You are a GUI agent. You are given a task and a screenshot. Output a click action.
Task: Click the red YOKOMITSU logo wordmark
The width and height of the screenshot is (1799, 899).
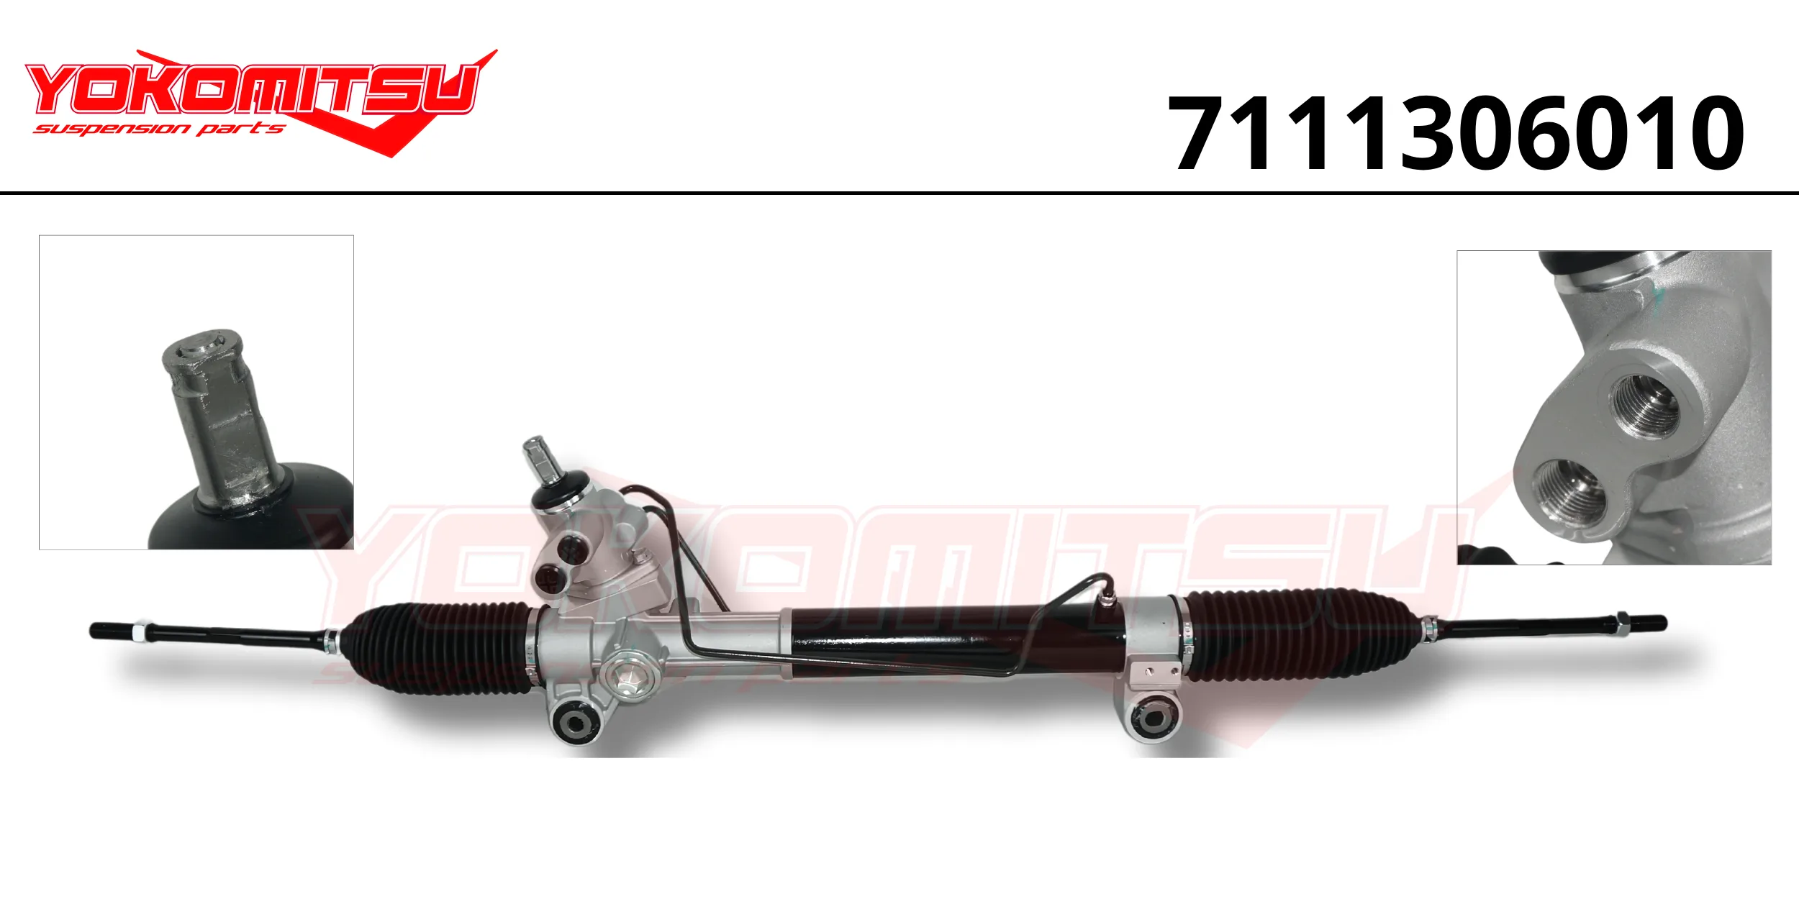[252, 89]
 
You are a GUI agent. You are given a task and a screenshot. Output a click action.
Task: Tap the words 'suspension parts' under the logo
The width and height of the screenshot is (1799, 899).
[159, 129]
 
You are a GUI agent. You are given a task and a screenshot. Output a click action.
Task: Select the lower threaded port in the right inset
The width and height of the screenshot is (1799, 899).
[1569, 492]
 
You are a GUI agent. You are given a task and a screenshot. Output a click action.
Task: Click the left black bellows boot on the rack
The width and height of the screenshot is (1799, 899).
[439, 649]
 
